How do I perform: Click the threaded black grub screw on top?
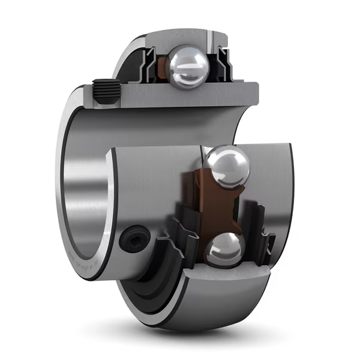point(106,92)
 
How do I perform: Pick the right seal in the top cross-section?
point(223,65)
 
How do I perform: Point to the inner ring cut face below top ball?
point(180,96)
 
